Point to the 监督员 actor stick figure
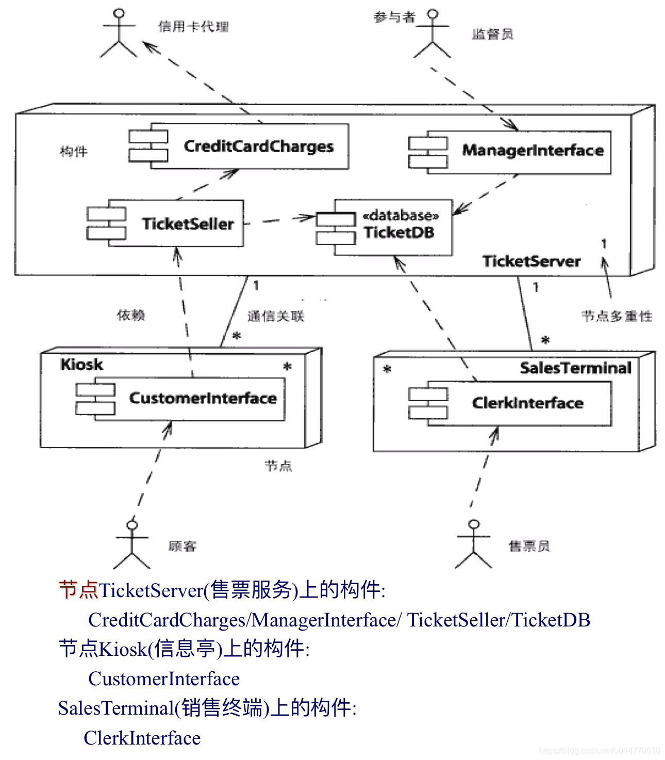pos(433,34)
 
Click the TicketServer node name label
pos(531,261)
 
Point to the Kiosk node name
pos(81,365)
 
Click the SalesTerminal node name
pos(575,368)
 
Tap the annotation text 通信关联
pos(276,316)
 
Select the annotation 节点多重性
pos(617,316)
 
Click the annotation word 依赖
pos(131,315)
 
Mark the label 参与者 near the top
pos(394,18)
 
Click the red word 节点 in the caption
pos(78,590)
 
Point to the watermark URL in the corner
pos(599,751)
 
